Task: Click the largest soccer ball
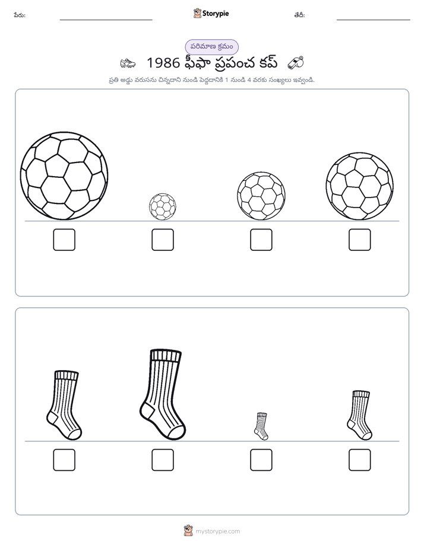[64, 176]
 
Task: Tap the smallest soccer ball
[163, 206]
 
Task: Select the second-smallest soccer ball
[261, 196]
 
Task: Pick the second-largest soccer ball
[360, 186]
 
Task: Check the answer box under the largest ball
[64, 240]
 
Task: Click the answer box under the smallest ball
[163, 240]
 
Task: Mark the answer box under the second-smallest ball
[261, 240]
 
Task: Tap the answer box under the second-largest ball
[360, 240]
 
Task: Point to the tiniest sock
[261, 426]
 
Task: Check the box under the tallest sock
[163, 460]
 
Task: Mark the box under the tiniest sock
[261, 460]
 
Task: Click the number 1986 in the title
[163, 63]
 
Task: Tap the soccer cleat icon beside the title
[128, 63]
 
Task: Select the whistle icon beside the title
[296, 63]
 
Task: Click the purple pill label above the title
[211, 47]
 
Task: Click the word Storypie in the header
[216, 14]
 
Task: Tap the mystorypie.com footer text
[217, 531]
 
